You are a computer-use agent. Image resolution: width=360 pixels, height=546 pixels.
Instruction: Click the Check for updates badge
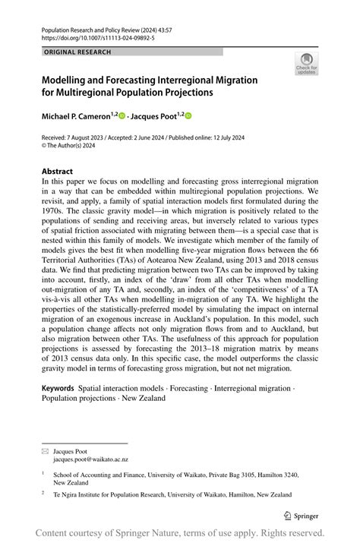coord(307,64)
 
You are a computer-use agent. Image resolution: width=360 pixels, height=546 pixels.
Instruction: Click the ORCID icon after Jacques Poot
coord(188,115)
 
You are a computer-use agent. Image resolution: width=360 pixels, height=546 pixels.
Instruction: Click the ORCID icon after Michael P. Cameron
coord(121,115)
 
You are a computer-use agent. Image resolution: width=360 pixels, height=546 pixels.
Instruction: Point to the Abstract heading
coord(57,172)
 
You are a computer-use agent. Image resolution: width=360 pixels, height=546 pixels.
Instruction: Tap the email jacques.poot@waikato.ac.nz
coord(90,459)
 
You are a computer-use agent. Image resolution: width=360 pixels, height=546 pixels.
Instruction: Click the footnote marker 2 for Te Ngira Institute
coord(44,492)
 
